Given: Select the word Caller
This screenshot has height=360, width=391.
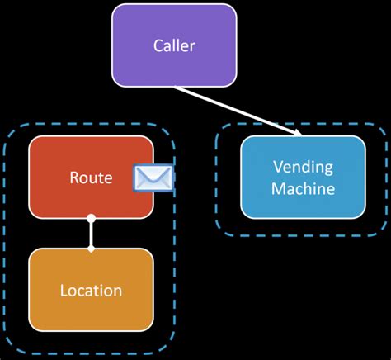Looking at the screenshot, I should [173, 45].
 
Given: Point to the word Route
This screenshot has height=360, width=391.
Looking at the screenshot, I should [91, 178].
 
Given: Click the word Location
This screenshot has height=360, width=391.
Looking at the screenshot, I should [91, 291].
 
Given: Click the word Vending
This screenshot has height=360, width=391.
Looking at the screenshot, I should [303, 168].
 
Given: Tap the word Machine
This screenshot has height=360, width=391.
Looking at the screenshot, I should [303, 188].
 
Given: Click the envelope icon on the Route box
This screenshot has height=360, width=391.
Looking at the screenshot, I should [153, 178].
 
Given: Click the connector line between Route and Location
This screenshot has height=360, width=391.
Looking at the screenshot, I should [92, 234].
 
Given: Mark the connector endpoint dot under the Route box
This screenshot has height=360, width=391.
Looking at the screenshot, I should [92, 220].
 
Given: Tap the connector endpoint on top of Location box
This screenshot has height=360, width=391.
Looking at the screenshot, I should [92, 248].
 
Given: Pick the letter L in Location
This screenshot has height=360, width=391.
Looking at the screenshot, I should [64, 291].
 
